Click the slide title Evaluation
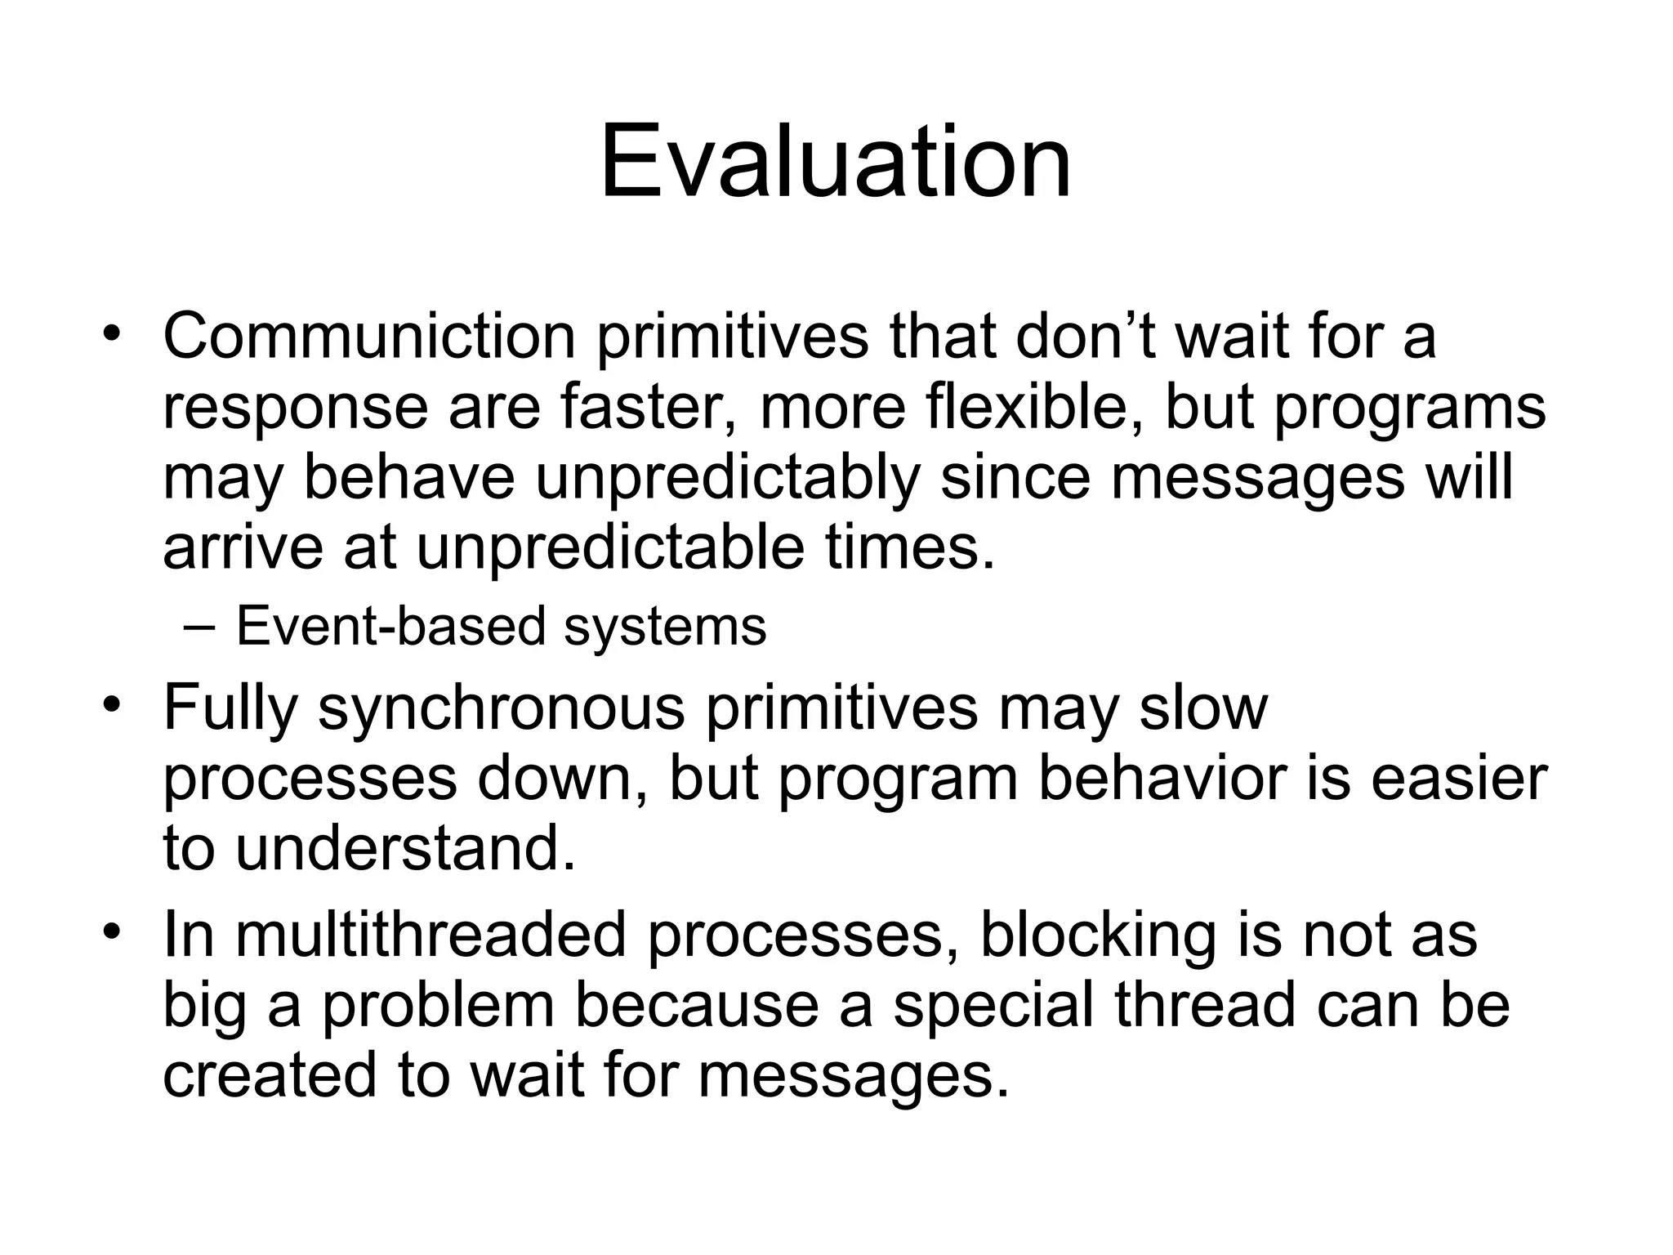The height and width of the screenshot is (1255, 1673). (x=835, y=161)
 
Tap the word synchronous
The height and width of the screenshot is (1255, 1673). (x=501, y=708)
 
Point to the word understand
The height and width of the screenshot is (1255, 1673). (x=405, y=848)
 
